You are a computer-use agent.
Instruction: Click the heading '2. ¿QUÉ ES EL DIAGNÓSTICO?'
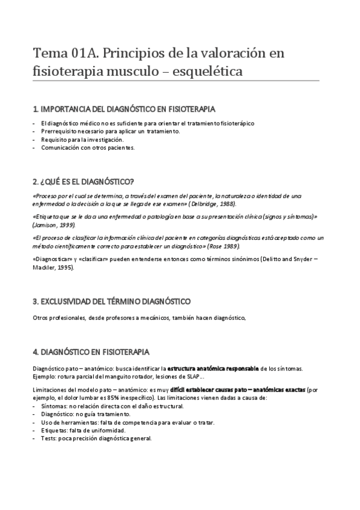click(x=84, y=182)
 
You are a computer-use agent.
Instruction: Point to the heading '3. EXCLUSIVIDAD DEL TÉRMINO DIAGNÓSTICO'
click(x=111, y=300)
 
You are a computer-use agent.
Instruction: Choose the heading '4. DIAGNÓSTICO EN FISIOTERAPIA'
click(x=91, y=351)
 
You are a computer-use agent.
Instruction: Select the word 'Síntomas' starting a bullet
click(x=53, y=407)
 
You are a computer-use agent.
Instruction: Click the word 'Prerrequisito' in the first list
click(x=59, y=131)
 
